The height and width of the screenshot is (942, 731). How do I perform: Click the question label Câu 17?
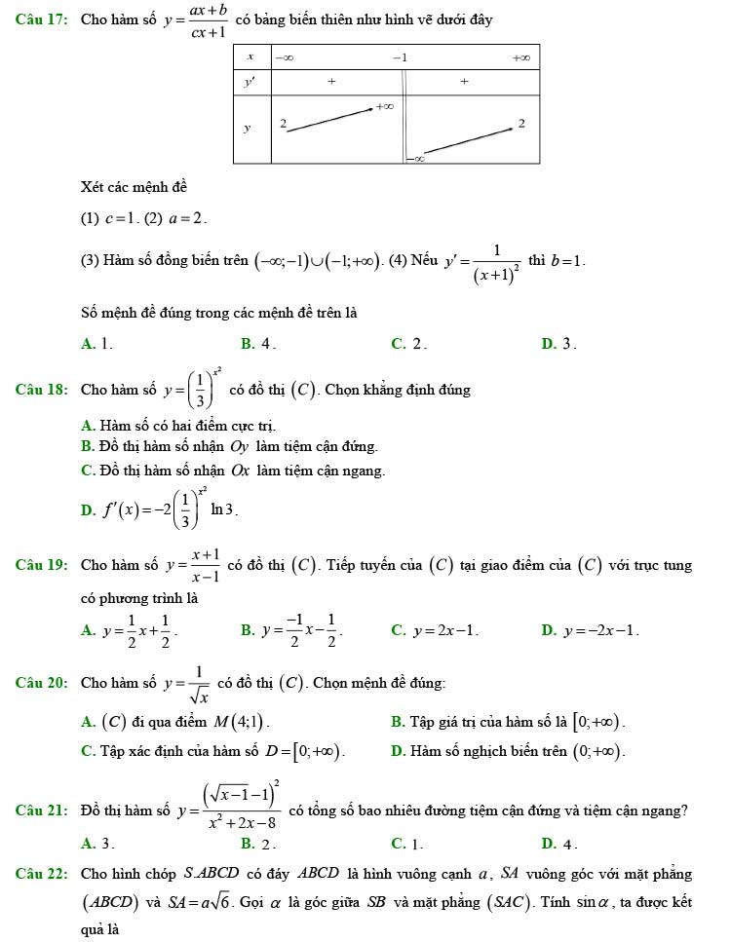click(x=42, y=20)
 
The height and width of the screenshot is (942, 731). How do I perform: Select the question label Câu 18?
click(x=42, y=390)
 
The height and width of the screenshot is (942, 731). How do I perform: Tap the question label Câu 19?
click(x=42, y=564)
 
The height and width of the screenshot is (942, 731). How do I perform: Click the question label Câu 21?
click(x=42, y=810)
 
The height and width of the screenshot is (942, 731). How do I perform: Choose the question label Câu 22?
click(x=42, y=874)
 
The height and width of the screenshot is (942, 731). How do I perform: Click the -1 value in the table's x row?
click(x=398, y=57)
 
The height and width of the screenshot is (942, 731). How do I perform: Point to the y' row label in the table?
click(x=250, y=83)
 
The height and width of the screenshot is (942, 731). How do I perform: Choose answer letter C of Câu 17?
click(x=397, y=343)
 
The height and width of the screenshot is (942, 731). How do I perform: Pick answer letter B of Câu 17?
click(x=246, y=343)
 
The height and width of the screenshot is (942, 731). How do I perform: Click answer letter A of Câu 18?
click(x=88, y=425)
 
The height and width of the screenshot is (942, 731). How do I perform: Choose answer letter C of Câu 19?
click(x=397, y=630)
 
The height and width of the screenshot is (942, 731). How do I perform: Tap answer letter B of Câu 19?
click(x=246, y=630)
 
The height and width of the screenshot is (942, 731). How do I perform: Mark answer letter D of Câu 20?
click(x=396, y=751)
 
